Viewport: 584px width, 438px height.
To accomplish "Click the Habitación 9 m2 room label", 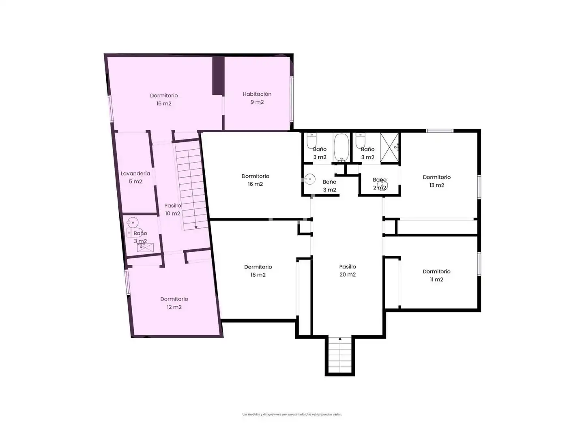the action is click(x=257, y=98).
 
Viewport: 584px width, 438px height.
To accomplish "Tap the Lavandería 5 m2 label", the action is click(x=135, y=177).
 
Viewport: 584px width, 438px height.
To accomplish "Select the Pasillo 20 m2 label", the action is click(x=347, y=271).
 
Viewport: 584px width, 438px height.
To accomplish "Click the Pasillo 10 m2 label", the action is click(x=172, y=209).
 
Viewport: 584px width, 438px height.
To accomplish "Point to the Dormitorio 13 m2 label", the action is click(x=436, y=181).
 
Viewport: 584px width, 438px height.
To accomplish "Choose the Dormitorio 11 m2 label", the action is click(x=436, y=275).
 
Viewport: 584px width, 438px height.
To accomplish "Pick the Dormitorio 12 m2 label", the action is click(x=174, y=303).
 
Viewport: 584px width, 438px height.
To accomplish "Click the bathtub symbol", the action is click(x=341, y=148).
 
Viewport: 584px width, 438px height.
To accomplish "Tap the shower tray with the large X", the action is click(x=389, y=147).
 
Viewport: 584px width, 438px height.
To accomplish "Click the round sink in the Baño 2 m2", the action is click(x=382, y=185).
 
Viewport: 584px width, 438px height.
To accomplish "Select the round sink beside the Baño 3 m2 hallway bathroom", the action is click(x=310, y=179).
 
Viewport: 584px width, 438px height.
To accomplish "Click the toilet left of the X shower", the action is click(x=360, y=140).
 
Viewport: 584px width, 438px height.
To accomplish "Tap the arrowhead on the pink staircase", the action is click(x=196, y=227).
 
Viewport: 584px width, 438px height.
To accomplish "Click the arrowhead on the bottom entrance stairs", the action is click(x=340, y=339).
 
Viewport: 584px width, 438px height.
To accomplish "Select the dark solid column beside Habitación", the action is click(x=218, y=76).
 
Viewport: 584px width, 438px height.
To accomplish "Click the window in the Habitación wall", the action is click(x=292, y=99).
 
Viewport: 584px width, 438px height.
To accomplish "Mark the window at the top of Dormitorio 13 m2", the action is click(x=439, y=131).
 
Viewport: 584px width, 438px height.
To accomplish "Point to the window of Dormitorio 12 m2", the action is click(x=127, y=282).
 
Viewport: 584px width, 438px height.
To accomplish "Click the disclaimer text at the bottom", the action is click(x=292, y=414).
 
